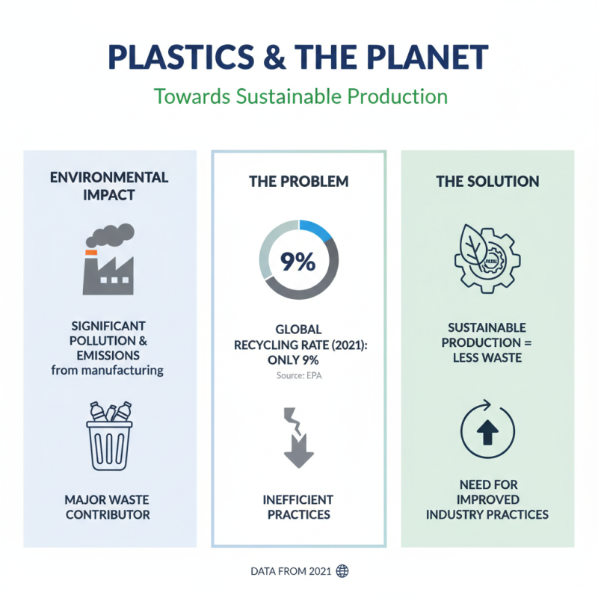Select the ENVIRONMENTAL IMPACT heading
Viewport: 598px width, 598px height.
(x=109, y=187)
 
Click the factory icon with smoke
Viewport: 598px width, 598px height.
(x=109, y=258)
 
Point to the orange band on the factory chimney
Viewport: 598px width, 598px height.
(x=91, y=253)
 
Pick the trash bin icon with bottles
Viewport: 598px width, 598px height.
(x=109, y=439)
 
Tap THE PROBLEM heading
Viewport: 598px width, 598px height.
(x=299, y=182)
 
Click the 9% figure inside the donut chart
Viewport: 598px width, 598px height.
(x=299, y=262)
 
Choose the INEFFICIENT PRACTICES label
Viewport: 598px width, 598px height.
(x=299, y=507)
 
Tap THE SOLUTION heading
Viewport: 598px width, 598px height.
(x=487, y=182)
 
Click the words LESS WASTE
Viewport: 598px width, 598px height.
(x=487, y=357)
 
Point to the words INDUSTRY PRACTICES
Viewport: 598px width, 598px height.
(x=487, y=514)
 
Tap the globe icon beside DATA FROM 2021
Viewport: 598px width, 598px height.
(x=342, y=571)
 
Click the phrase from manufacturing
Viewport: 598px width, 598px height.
(x=109, y=369)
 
